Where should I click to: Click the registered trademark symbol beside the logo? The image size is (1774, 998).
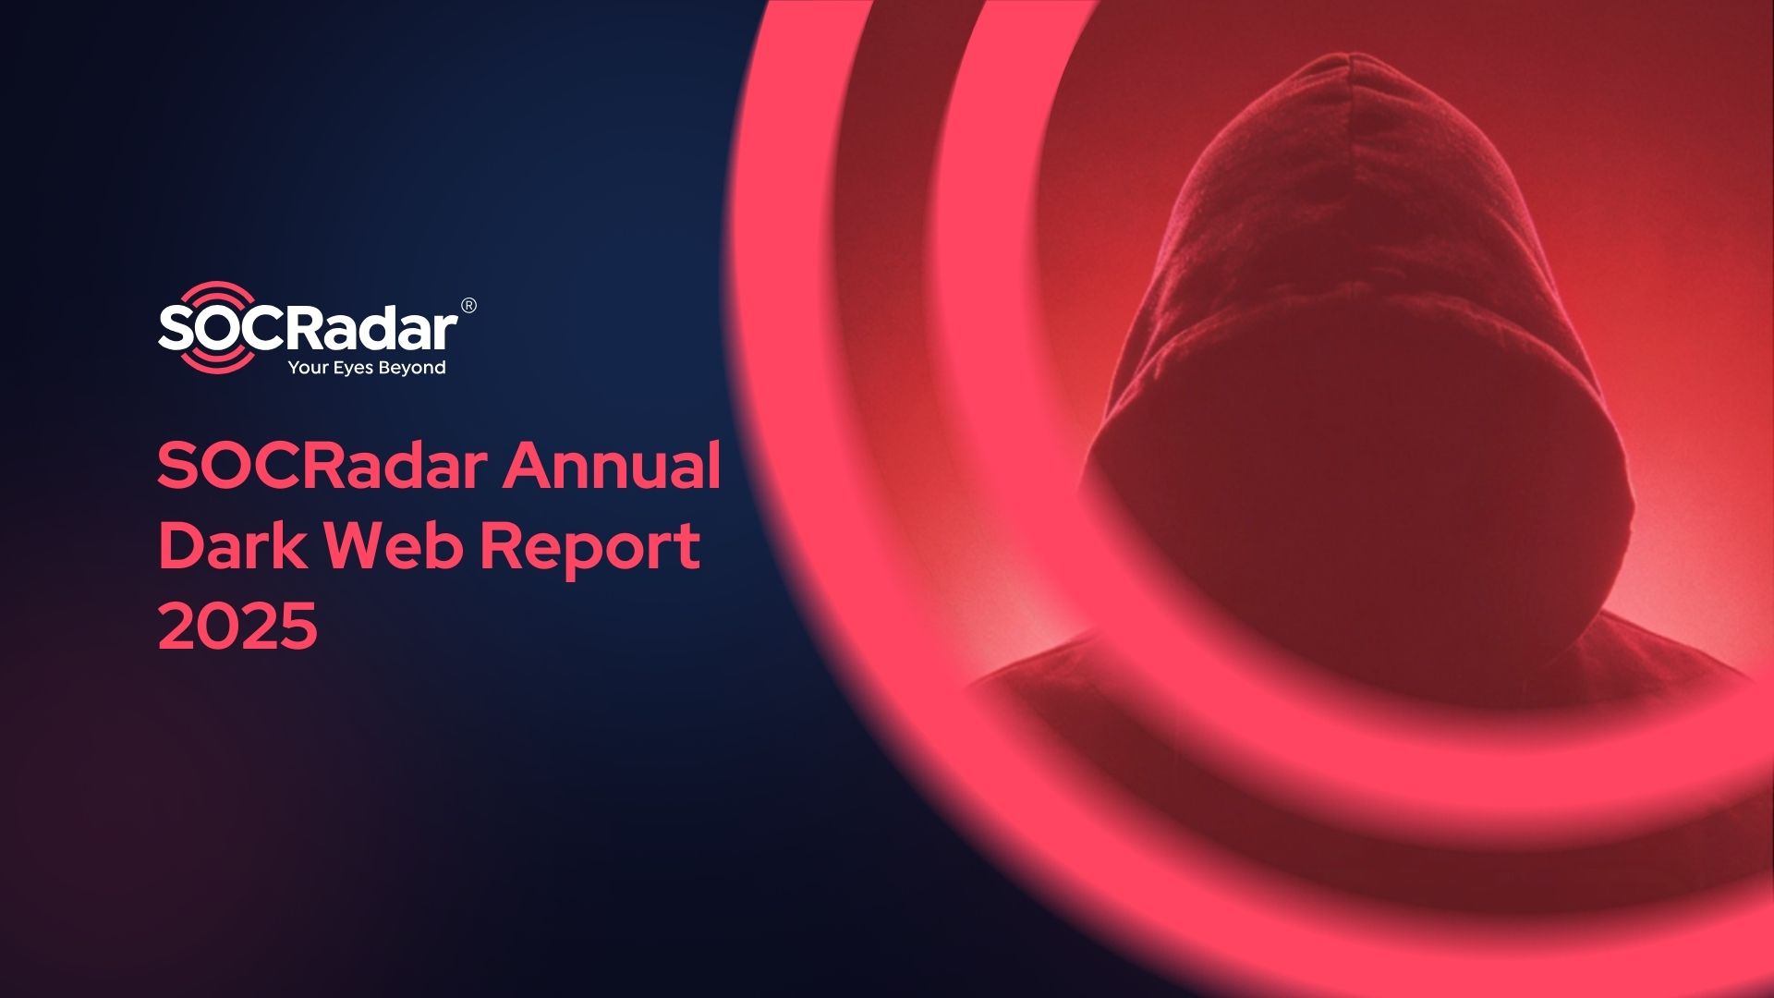click(468, 306)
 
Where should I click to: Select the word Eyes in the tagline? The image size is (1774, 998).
click(352, 369)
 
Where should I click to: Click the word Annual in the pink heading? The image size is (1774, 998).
click(612, 466)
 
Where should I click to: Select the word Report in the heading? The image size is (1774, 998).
click(589, 549)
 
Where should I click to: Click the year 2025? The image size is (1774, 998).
click(238, 626)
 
